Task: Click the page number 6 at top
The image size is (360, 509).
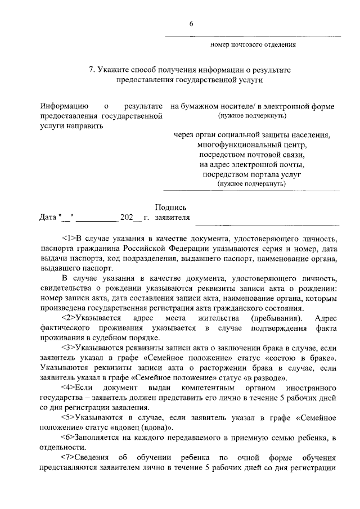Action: [x=191, y=24]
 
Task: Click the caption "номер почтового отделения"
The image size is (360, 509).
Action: [x=253, y=44]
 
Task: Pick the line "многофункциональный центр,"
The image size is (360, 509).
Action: [x=252, y=145]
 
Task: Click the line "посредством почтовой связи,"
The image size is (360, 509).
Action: [x=252, y=155]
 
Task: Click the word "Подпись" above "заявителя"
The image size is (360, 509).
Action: [x=171, y=208]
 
